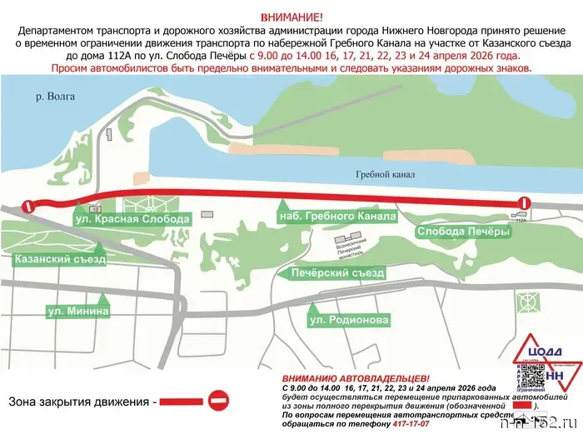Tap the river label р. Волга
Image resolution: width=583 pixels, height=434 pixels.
[55, 97]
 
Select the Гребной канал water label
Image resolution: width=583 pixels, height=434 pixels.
[384, 174]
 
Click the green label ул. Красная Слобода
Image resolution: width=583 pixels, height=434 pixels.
[132, 219]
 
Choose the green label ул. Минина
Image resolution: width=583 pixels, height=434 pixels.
[77, 311]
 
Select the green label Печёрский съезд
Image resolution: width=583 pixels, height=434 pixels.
[337, 272]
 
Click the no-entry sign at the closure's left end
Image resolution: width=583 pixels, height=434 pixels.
[27, 206]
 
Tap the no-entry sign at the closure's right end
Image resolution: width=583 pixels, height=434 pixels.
[524, 202]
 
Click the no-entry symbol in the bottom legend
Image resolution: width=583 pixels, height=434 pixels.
[217, 402]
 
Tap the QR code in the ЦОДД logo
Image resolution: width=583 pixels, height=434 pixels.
[531, 376]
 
